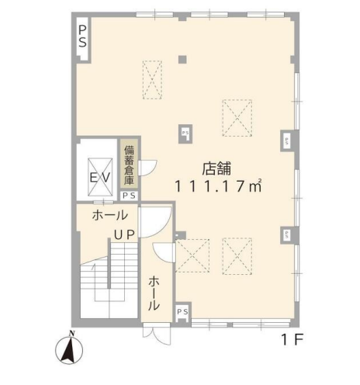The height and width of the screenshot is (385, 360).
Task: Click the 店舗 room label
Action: (x=216, y=168)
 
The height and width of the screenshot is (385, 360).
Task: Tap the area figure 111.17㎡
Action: (x=219, y=186)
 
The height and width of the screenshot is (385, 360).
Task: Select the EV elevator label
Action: (x=100, y=178)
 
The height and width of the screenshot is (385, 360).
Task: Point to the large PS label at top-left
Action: (x=82, y=36)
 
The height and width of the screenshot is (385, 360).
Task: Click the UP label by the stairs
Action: (x=124, y=235)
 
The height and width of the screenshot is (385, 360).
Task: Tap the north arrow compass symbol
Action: (x=69, y=349)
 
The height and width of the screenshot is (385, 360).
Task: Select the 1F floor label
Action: (x=292, y=340)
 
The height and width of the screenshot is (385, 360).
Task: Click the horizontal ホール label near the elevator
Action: (x=110, y=215)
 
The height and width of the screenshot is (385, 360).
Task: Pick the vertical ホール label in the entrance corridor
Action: (x=154, y=293)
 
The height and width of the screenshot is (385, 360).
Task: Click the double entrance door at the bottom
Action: (x=157, y=333)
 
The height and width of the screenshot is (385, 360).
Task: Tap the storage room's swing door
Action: (x=147, y=168)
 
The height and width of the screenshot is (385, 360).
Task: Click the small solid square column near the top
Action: (x=182, y=60)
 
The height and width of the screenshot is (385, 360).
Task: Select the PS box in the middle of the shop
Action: (x=185, y=134)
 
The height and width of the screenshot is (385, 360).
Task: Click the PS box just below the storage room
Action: (x=129, y=196)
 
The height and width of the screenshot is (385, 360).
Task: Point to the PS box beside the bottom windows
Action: (x=182, y=312)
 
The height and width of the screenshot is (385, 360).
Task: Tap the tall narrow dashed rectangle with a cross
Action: (x=152, y=80)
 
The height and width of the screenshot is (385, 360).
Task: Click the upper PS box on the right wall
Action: (x=287, y=140)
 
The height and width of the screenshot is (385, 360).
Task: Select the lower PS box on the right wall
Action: (x=287, y=235)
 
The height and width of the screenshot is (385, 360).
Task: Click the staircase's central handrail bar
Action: (x=109, y=263)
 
